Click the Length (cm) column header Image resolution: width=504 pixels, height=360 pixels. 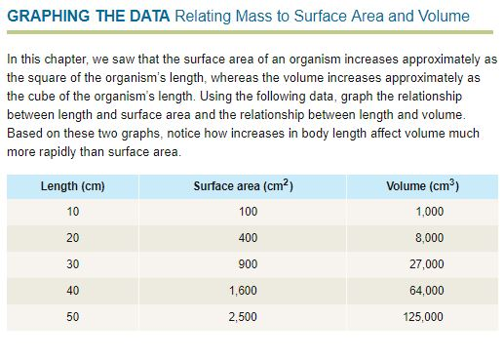click(x=72, y=185)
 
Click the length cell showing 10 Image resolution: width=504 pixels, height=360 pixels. click(x=72, y=212)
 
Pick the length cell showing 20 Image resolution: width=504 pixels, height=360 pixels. click(x=72, y=238)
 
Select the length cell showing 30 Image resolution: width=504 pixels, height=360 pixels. click(x=72, y=264)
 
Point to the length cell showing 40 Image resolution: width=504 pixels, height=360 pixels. click(x=72, y=291)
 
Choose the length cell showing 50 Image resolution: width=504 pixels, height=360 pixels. click(x=72, y=317)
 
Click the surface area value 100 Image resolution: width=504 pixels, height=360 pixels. click(x=248, y=212)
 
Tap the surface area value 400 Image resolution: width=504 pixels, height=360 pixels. click(x=248, y=238)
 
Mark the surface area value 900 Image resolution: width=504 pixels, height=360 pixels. click(x=248, y=264)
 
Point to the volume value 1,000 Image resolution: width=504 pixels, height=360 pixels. click(x=429, y=212)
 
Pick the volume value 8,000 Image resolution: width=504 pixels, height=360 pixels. click(x=429, y=238)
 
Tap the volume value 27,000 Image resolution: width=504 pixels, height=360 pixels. click(x=427, y=264)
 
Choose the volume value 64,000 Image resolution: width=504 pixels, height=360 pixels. click(x=427, y=291)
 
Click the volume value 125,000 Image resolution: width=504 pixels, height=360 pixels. click(x=424, y=317)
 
